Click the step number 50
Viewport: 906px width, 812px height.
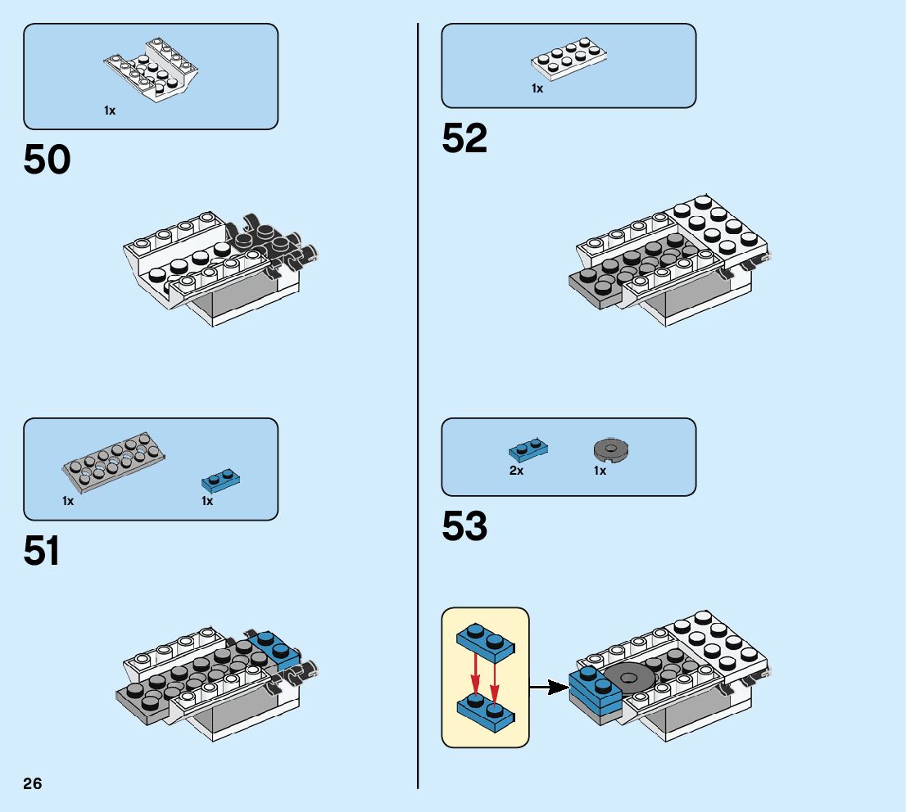(47, 160)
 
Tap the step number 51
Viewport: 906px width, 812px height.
(42, 552)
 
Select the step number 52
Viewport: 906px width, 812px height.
(464, 139)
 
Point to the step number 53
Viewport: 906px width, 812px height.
(464, 528)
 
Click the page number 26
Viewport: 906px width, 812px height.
(33, 784)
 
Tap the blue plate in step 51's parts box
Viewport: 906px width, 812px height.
(221, 480)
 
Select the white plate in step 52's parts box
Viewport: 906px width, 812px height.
(569, 59)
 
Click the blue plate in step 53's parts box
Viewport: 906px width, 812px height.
(528, 449)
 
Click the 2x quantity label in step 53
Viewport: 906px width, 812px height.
(516, 471)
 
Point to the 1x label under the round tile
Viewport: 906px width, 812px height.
(600, 471)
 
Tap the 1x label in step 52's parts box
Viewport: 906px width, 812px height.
(537, 88)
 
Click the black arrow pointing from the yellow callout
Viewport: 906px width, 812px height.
(548, 688)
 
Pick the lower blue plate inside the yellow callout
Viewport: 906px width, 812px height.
(485, 709)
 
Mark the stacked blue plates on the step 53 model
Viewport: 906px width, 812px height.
(596, 692)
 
